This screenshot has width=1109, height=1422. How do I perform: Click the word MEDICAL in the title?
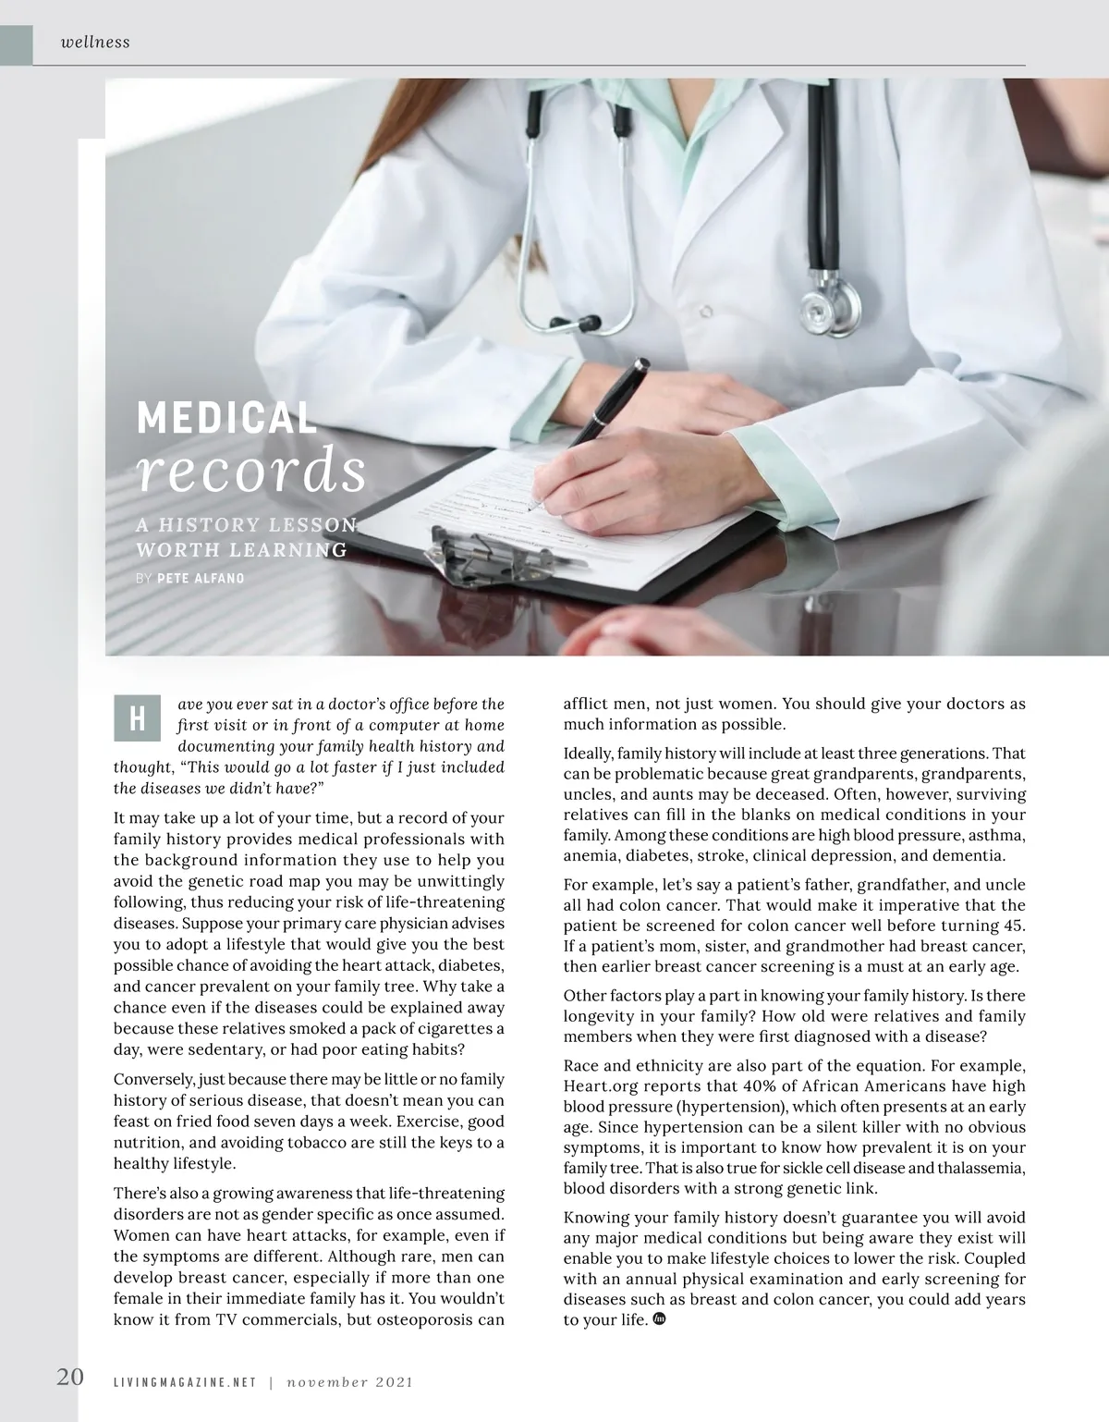[226, 418]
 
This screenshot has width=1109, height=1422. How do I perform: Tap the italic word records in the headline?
[251, 472]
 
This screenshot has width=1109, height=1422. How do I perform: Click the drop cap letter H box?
[137, 719]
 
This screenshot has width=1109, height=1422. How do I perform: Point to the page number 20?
[70, 1377]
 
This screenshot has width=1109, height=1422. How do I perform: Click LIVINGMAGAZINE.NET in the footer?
[184, 1382]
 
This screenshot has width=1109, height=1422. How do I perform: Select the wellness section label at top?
[95, 42]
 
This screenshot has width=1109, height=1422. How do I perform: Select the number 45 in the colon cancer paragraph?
[1013, 926]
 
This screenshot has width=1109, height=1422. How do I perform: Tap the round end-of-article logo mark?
[660, 1318]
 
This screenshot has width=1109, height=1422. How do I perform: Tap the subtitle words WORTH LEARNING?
[242, 550]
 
